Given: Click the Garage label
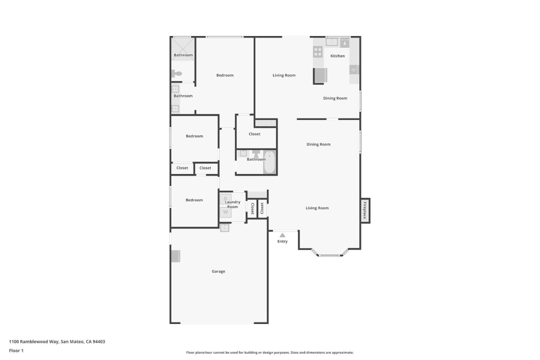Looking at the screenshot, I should pyautogui.click(x=218, y=271).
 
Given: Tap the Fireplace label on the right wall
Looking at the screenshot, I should pyautogui.click(x=365, y=210).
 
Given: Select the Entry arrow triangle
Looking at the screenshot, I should pyautogui.click(x=282, y=235).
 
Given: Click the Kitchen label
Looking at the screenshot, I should pyautogui.click(x=337, y=56).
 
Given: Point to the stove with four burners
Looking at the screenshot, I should pyautogui.click(x=318, y=52).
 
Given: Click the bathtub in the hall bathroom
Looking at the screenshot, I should pyautogui.click(x=269, y=162).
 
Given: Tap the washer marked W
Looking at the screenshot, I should pyautogui.click(x=225, y=212).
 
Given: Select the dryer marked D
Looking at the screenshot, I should pyautogui.click(x=225, y=199).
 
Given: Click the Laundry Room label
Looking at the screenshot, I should pyautogui.click(x=232, y=204).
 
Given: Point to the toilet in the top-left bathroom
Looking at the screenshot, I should pyautogui.click(x=177, y=73).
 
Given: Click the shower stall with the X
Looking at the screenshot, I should pyautogui.click(x=183, y=48).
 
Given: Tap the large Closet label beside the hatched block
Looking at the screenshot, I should pyautogui.click(x=254, y=134).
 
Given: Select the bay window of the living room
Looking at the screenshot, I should pyautogui.click(x=330, y=255).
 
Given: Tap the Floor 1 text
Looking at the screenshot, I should pyautogui.click(x=16, y=351).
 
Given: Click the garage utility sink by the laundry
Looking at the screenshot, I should pyautogui.click(x=225, y=228).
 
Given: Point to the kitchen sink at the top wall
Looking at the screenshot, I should pyautogui.click(x=331, y=42).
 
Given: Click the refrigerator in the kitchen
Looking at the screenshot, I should pyautogui.click(x=321, y=75).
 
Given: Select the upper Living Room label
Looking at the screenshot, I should pyautogui.click(x=284, y=75).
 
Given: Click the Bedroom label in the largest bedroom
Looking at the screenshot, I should pyautogui.click(x=225, y=75).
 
